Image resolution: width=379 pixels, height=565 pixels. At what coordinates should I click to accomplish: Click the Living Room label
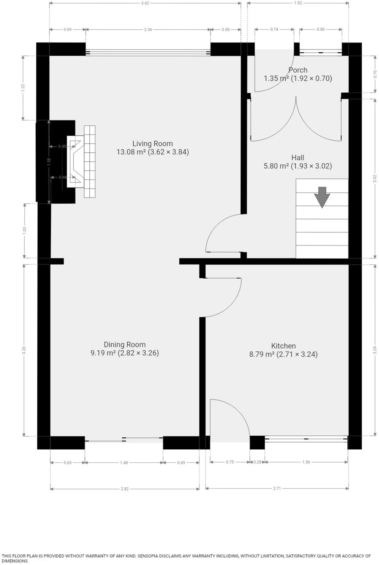click(x=152, y=144)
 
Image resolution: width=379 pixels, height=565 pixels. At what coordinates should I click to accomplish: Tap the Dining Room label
click(x=125, y=345)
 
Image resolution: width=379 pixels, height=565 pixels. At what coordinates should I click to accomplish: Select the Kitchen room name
click(x=283, y=346)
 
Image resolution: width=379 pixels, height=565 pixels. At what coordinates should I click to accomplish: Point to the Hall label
click(x=298, y=158)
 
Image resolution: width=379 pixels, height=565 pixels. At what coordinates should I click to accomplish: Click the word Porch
click(x=298, y=70)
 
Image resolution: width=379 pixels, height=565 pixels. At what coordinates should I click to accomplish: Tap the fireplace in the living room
click(x=81, y=162)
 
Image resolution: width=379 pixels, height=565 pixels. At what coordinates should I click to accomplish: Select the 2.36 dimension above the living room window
click(x=148, y=30)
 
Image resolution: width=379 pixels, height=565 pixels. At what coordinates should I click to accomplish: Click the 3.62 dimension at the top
click(x=145, y=3)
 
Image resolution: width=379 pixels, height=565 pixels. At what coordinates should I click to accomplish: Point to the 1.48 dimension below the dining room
click(x=124, y=463)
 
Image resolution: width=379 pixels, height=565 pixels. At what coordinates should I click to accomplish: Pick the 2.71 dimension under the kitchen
click(x=277, y=488)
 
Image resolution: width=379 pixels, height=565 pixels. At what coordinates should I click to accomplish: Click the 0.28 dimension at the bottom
click(x=257, y=462)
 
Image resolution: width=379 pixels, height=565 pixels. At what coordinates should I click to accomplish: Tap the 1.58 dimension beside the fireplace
click(x=49, y=162)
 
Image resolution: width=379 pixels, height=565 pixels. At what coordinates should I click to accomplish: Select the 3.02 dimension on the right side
click(x=375, y=178)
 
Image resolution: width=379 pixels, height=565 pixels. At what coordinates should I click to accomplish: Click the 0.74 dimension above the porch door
click(x=274, y=29)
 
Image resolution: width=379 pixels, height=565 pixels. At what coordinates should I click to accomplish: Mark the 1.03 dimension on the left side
click(x=25, y=231)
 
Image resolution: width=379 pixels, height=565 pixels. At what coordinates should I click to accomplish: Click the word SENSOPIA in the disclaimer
click(x=150, y=556)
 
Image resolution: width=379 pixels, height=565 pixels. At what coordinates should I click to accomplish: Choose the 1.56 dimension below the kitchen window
click(x=306, y=462)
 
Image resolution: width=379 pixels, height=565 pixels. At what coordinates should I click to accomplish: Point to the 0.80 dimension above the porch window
click(x=321, y=29)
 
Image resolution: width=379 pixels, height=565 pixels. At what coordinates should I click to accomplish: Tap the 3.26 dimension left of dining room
click(x=24, y=350)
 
